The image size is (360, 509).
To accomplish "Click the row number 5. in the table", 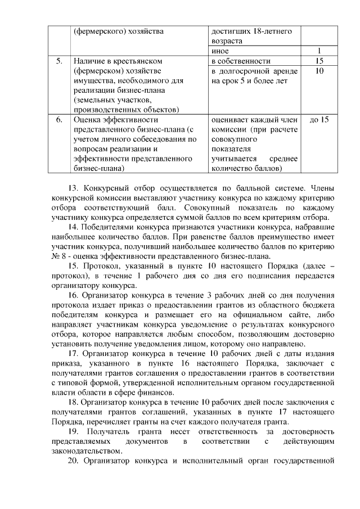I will point(59,61).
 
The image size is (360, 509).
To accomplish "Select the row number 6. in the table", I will point(59,120).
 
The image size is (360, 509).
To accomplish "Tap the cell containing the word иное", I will point(220,51).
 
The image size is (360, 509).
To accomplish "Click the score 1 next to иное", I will point(319,51).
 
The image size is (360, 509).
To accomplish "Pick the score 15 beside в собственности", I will point(319,61).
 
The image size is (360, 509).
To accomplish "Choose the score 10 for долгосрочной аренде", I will point(319,71).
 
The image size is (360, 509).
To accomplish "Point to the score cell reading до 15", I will point(319,120).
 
